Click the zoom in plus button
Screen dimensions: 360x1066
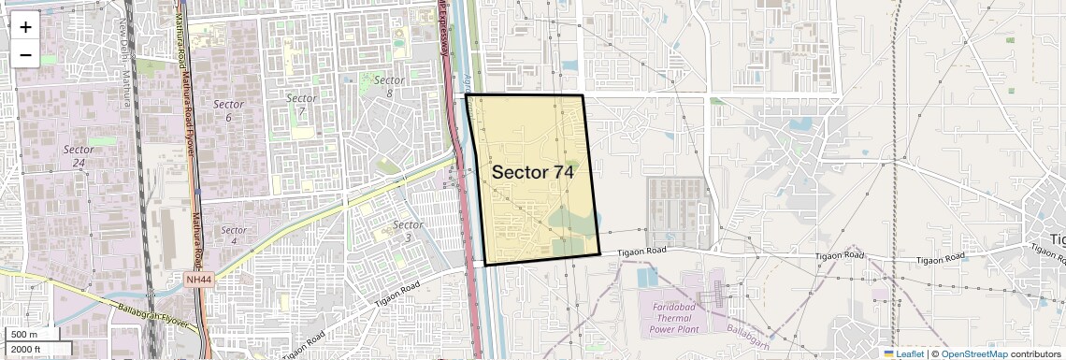click(25, 26)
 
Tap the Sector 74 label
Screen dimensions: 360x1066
click(532, 172)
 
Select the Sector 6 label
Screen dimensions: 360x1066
click(228, 110)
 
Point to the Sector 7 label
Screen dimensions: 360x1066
click(301, 105)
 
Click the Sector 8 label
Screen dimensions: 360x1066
click(389, 87)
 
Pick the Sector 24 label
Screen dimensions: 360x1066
click(79, 155)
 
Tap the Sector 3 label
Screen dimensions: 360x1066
click(408, 231)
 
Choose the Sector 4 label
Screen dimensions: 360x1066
click(234, 236)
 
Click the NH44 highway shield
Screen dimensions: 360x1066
click(198, 279)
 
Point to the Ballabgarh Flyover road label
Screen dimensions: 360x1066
click(154, 316)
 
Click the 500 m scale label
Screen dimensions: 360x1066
click(24, 335)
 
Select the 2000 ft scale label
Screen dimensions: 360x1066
click(26, 350)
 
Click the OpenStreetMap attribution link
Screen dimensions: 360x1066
click(973, 353)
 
